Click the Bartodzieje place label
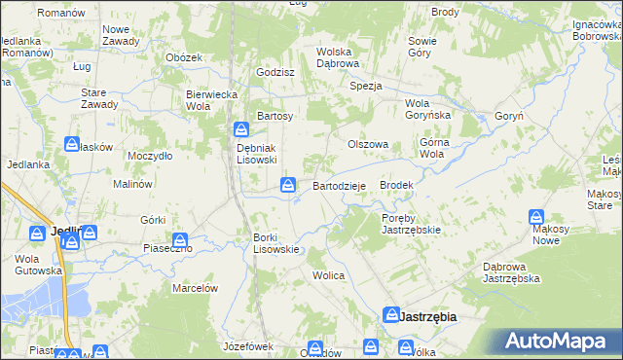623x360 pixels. click(339, 186)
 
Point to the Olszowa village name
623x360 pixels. click(369, 144)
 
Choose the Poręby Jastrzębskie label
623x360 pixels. click(412, 224)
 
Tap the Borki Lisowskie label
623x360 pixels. click(276, 243)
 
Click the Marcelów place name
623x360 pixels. click(194, 288)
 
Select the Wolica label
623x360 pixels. click(329, 275)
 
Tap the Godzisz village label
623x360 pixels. click(275, 72)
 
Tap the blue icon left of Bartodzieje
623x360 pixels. click(289, 184)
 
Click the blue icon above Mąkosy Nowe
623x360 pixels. click(536, 218)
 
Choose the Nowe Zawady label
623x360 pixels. click(124, 35)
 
